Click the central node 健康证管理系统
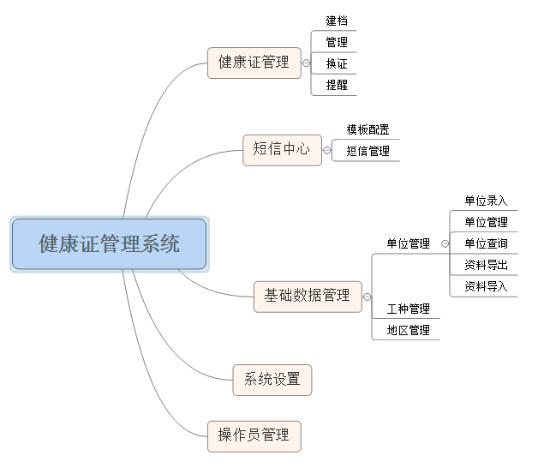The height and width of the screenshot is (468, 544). point(109,244)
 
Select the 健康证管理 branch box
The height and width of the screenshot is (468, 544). point(254,63)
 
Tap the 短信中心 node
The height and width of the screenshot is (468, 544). point(282,149)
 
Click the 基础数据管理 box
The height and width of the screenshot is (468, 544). point(308,295)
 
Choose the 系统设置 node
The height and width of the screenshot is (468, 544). point(272,379)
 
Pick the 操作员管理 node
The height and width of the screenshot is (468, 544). point(254,435)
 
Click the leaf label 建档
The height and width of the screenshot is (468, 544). point(337,21)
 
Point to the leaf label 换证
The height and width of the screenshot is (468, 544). point(337,63)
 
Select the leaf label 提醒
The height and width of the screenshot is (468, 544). point(337,85)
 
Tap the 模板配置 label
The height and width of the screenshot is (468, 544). point(368,130)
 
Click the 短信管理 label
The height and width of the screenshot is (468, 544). point(368,151)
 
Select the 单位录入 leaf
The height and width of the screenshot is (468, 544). point(486,201)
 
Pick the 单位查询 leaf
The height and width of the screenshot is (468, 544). point(486,243)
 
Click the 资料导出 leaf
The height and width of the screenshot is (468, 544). point(486,265)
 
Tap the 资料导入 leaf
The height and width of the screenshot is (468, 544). point(486,286)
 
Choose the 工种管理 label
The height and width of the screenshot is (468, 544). point(408,309)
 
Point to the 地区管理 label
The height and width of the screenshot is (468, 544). point(408,330)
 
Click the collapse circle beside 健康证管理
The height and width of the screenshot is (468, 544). point(307,63)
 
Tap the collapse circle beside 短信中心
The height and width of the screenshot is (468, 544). point(327,150)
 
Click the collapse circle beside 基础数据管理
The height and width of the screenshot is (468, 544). point(368,296)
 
